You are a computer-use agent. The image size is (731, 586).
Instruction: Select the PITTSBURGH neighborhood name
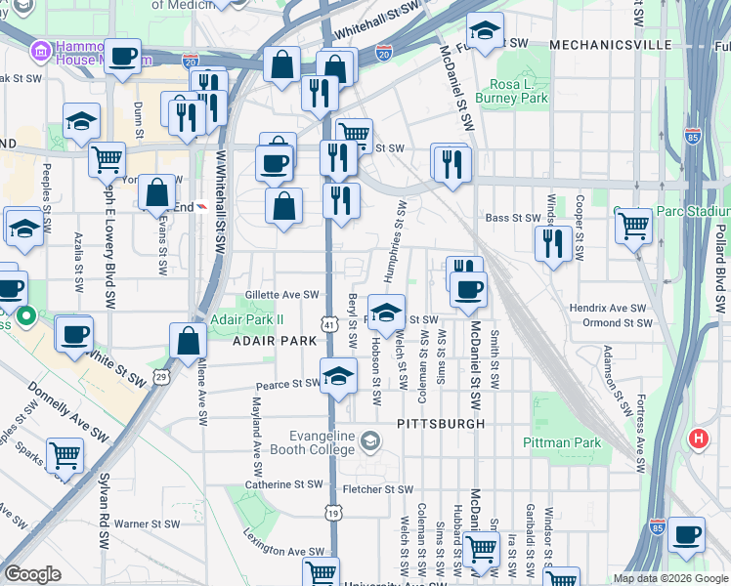(x=441, y=424)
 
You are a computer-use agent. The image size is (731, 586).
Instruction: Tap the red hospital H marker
(x=698, y=439)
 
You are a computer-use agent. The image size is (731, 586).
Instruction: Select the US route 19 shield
(x=333, y=512)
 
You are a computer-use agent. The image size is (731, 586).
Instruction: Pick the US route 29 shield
(x=160, y=375)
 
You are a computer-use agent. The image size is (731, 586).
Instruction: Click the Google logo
(x=33, y=574)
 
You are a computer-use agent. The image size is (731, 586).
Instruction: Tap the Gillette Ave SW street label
(x=282, y=294)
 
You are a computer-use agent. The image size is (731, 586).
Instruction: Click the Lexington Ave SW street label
(x=283, y=552)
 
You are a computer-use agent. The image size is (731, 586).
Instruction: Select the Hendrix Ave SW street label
(x=609, y=308)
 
